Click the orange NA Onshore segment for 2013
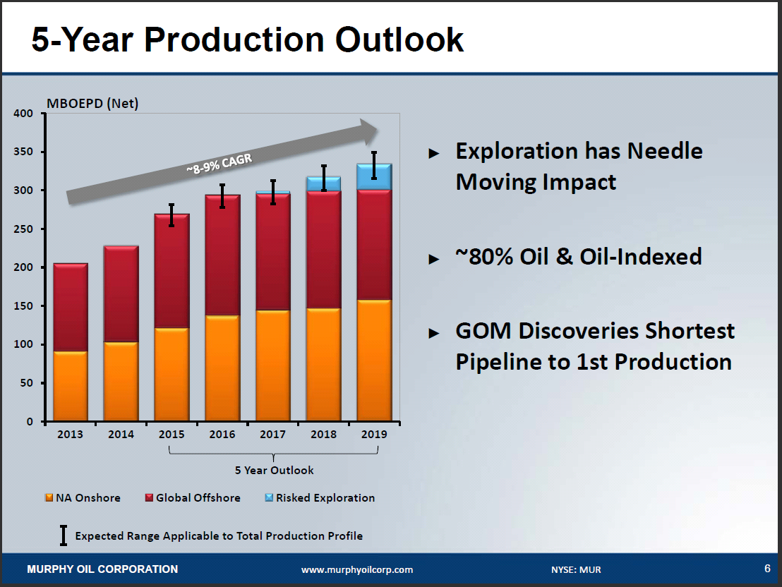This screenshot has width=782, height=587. click(x=71, y=386)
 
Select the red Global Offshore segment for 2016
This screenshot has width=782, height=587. click(x=222, y=255)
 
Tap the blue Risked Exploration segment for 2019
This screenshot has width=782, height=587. click(x=374, y=177)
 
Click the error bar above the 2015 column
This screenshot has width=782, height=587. click(x=172, y=214)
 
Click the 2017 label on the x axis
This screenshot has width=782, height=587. click(x=272, y=435)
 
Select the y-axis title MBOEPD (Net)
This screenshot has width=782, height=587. click(x=92, y=104)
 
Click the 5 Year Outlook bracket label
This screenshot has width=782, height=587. click(x=274, y=470)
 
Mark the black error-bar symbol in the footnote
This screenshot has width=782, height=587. click(x=63, y=535)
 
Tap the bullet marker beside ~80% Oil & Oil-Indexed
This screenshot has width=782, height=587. click(x=434, y=259)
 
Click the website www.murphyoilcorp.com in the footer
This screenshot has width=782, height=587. click(x=357, y=570)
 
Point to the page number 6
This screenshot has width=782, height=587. click(x=766, y=569)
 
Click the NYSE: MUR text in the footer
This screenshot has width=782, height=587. click(x=576, y=570)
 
